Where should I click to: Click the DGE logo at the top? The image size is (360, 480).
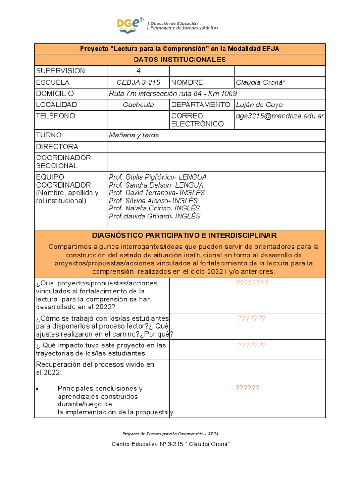(131, 25)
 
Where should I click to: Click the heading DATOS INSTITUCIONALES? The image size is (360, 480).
(180, 60)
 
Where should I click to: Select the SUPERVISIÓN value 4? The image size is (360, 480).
(138, 71)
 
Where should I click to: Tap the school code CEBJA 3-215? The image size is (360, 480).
(138, 82)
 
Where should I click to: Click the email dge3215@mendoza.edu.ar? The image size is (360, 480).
(280, 116)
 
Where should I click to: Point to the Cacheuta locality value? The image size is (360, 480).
(138, 105)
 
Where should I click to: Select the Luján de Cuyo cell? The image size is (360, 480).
(259, 105)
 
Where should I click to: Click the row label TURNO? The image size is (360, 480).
(49, 135)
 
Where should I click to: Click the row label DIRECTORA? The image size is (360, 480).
(57, 147)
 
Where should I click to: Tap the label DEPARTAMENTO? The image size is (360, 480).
(201, 105)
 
